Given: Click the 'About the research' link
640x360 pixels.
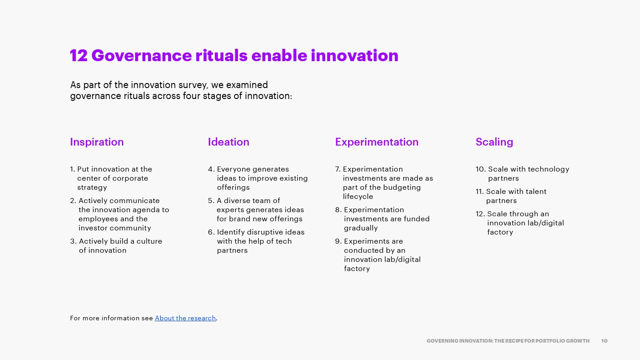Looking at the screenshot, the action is point(185,318).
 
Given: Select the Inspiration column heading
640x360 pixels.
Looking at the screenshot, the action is point(97,142).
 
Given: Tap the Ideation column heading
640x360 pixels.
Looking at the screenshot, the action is point(229,142).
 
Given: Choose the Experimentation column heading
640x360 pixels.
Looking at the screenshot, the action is point(377,142).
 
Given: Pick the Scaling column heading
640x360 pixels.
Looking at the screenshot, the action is point(494,142).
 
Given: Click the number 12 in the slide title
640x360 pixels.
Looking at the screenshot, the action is point(78,55).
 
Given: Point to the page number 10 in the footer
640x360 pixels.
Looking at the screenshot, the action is point(604,341).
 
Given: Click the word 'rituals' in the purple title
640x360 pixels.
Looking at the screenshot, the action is point(221,55).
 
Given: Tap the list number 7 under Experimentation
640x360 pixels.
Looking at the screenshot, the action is point(338,169).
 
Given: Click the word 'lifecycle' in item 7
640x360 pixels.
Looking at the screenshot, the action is point(358,197).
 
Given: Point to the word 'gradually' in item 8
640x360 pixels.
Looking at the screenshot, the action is point(361,228).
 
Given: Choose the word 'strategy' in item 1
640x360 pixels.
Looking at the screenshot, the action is point(92,188).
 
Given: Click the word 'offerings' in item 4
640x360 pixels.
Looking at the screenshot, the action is point(234,188).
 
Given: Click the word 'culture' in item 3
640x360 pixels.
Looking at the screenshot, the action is point(149,241).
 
